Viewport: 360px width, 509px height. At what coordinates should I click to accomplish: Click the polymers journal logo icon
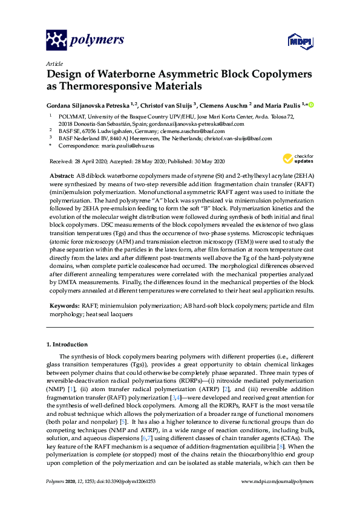[x=56, y=40]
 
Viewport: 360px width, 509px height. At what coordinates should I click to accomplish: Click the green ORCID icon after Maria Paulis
[x=312, y=105]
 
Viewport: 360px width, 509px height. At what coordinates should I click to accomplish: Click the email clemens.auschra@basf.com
[x=194, y=130]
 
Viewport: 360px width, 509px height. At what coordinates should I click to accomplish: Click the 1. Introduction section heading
[x=67, y=344]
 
